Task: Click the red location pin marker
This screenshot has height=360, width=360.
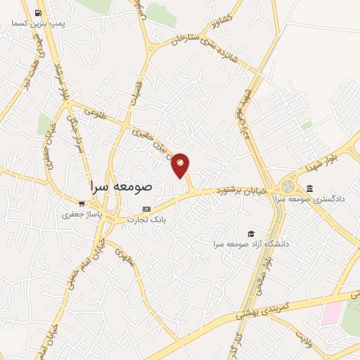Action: click(x=181, y=165)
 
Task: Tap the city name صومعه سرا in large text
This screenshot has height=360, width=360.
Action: click(x=121, y=188)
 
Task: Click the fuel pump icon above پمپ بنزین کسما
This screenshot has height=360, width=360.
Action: click(x=37, y=13)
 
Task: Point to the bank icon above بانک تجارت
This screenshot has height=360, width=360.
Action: click(x=146, y=209)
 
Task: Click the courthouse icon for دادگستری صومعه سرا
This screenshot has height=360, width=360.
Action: click(x=310, y=188)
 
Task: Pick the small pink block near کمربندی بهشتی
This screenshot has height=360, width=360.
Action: click(x=331, y=314)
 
